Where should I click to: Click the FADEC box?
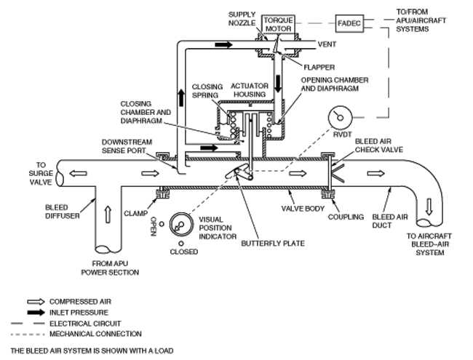[x=349, y=23]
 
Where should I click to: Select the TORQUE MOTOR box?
[x=278, y=25]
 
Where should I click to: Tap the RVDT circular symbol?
[x=340, y=118]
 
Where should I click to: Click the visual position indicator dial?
[x=181, y=225]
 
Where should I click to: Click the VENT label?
[x=327, y=44]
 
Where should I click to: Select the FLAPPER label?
[x=319, y=67]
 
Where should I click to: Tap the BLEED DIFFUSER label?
[x=63, y=212]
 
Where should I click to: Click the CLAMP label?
[x=136, y=214]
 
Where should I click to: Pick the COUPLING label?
[x=346, y=217]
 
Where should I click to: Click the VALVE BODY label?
[x=303, y=209]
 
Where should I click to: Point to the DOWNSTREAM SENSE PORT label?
[x=127, y=146]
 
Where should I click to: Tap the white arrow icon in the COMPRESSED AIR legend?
[x=36, y=302]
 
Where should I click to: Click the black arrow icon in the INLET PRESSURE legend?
[x=36, y=312]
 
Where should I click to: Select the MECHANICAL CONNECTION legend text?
[x=95, y=334]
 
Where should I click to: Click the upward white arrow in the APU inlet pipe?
[x=108, y=215]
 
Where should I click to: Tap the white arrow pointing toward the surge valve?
[x=78, y=173]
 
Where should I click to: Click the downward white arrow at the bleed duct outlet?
[x=429, y=207]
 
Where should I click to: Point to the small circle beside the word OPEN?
[x=162, y=224]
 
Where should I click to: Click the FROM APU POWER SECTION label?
[x=110, y=268]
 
